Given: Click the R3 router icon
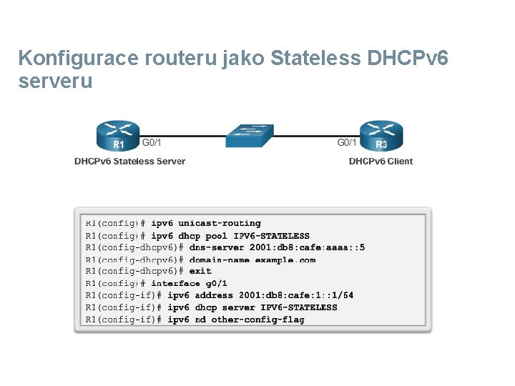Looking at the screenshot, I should (381, 137).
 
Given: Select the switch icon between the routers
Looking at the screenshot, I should (248, 135).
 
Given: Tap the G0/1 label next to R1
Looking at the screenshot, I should (152, 142).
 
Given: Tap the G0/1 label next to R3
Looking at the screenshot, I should (347, 142).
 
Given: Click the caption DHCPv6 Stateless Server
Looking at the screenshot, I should (129, 162).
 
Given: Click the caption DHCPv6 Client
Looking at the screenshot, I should (381, 162).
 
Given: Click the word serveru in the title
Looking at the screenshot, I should (55, 81).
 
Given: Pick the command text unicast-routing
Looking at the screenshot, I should (220, 224).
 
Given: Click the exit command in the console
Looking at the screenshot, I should (201, 272).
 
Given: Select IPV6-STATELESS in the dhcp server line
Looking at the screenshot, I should (298, 307).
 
